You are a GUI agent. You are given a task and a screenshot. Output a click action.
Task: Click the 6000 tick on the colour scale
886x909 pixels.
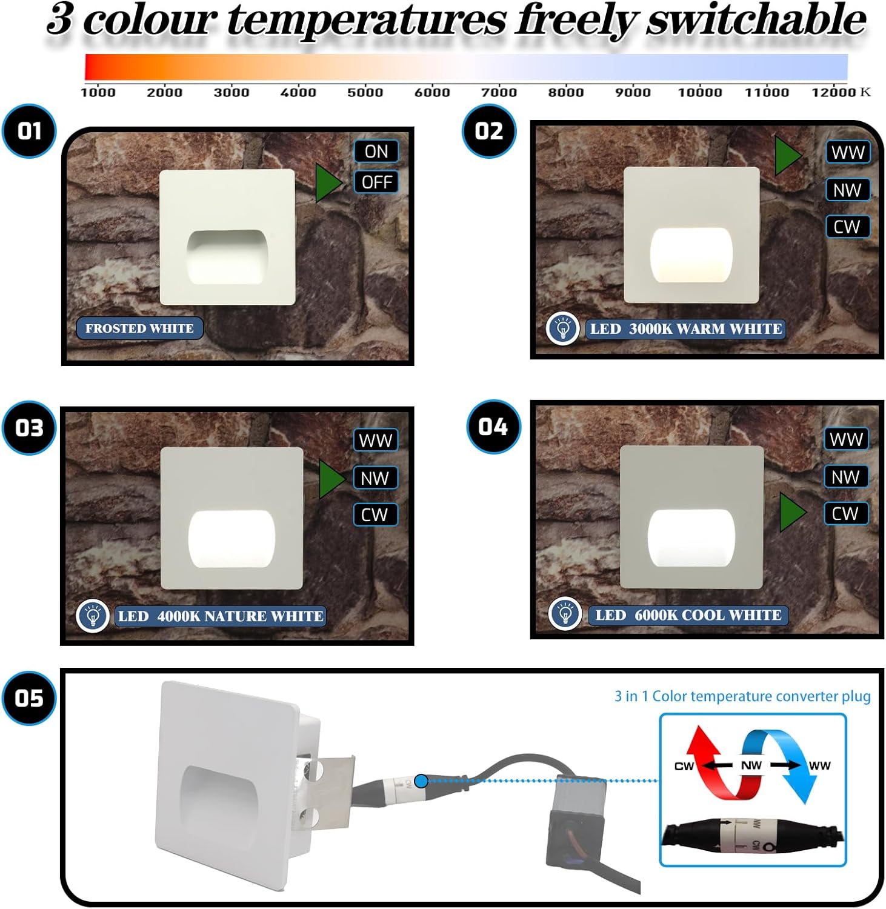(432, 92)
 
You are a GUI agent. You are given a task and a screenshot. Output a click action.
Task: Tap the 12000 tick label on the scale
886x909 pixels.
(833, 92)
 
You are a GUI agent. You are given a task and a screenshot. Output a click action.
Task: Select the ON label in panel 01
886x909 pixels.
(376, 151)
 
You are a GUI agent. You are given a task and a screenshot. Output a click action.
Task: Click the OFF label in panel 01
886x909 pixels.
(376, 182)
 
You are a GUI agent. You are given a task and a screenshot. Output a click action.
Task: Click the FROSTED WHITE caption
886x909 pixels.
(139, 328)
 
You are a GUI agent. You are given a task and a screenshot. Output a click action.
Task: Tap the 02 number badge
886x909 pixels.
(489, 132)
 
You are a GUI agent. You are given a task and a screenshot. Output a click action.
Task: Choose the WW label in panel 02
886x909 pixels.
(848, 152)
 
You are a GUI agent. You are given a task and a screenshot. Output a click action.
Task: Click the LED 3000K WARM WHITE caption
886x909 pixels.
(685, 329)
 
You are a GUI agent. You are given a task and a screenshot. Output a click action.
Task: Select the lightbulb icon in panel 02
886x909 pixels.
(563, 329)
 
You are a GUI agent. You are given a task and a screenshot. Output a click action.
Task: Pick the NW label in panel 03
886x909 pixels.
(375, 478)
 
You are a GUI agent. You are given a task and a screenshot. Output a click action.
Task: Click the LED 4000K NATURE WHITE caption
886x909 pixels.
(221, 616)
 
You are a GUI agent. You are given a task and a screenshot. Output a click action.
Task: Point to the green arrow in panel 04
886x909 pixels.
(792, 513)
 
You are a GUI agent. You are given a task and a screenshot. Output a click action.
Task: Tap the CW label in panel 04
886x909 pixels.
(845, 514)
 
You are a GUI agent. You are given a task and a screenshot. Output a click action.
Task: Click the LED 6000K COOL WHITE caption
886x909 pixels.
(688, 615)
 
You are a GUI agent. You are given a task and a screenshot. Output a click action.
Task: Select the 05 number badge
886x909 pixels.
(29, 698)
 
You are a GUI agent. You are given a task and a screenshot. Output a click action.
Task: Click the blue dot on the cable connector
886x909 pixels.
(421, 781)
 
